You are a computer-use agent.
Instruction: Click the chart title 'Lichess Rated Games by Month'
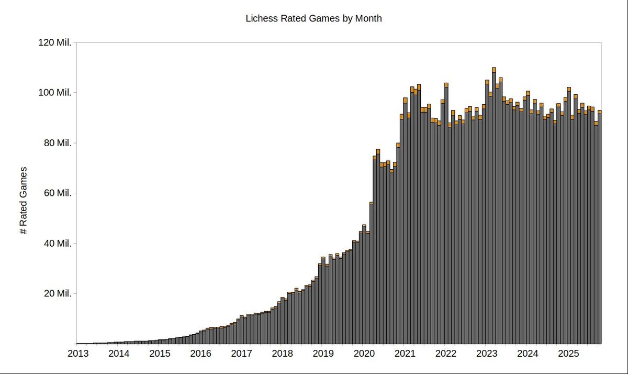point(313,18)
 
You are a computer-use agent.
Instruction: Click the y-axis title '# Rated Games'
point(24,201)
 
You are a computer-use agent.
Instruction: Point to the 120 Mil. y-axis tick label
point(55,42)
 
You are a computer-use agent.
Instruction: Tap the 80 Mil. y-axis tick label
point(57,143)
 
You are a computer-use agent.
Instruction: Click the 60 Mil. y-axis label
point(57,193)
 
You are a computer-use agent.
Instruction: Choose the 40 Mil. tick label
point(57,244)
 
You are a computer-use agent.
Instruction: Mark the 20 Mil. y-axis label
point(57,293)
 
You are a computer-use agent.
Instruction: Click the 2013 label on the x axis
point(78,354)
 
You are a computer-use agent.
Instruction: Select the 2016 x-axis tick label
point(200,354)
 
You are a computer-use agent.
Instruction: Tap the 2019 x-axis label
point(323,354)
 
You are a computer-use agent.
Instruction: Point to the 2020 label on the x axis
point(364,354)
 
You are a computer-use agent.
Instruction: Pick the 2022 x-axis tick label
point(445,354)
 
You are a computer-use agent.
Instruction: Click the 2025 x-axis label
point(568,354)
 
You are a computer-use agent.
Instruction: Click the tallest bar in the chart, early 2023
point(494,210)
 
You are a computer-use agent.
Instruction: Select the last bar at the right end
point(600,230)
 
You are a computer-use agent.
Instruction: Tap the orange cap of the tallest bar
point(494,70)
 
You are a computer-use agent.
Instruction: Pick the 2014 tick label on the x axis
point(119,354)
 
